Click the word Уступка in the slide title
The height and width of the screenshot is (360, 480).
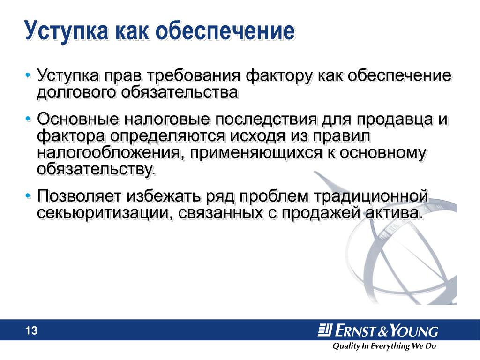67,30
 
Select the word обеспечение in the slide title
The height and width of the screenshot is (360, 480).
225,30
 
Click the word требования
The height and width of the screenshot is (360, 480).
194,75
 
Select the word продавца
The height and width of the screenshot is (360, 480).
394,120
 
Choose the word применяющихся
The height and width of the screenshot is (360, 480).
256,153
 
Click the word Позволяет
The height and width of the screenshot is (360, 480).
79,196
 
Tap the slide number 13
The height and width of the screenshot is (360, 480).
31,330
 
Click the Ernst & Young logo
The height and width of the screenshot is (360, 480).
378,330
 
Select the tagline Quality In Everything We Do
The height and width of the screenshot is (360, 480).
384,346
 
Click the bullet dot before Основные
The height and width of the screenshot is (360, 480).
29,119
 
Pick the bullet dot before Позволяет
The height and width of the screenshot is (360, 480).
29,195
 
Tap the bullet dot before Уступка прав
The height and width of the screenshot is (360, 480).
29,75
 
